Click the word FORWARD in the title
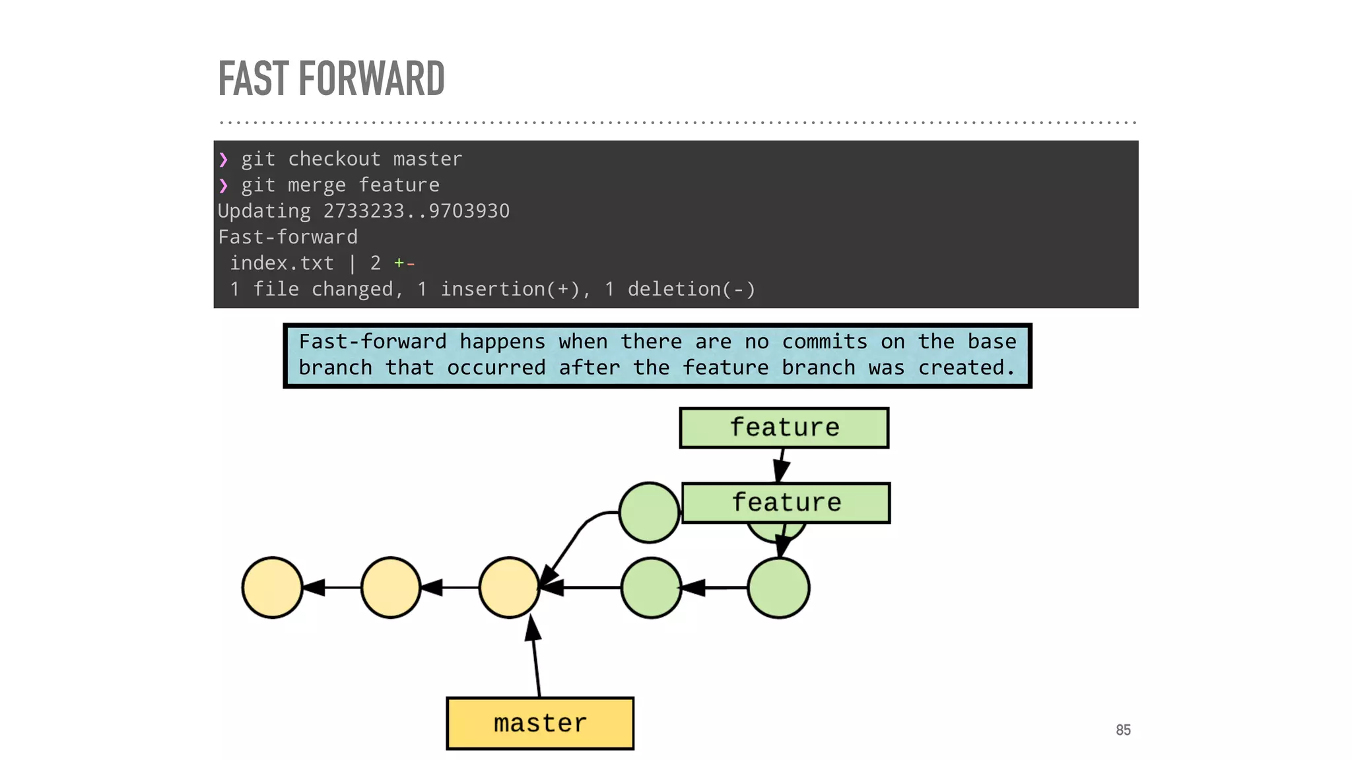pos(372,79)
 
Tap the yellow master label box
pos(540,723)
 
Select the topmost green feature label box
pos(784,427)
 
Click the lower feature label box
pos(786,503)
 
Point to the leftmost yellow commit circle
pos(272,587)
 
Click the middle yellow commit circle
pos(391,587)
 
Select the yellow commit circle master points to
pos(509,587)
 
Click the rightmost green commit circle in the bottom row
pos(778,587)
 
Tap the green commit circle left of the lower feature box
pos(649,513)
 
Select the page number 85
pos(1123,730)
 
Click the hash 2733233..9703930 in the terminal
pos(416,211)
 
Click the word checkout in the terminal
pos(334,159)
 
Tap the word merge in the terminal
pos(316,185)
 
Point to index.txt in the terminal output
pos(281,263)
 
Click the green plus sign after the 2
pos(399,263)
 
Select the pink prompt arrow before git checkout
pos(224,159)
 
